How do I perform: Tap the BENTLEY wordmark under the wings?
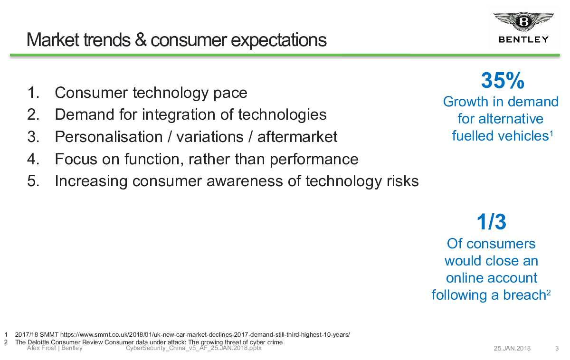click(x=523, y=40)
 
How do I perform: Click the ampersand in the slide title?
click(x=141, y=40)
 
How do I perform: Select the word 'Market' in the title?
click(x=53, y=40)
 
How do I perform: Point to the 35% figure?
click(x=503, y=80)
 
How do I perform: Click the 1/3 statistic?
click(x=491, y=222)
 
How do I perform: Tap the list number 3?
click(x=33, y=137)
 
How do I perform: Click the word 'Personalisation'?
click(x=109, y=137)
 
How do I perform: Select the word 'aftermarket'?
click(x=297, y=137)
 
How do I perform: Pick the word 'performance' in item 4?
click(x=314, y=160)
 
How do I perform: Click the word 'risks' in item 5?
click(x=403, y=181)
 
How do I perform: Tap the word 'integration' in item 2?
click(x=179, y=115)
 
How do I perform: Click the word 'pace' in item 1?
click(x=230, y=93)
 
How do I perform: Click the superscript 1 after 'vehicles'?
click(x=551, y=133)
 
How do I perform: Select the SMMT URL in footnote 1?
click(x=205, y=334)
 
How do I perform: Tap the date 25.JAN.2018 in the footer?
click(x=512, y=348)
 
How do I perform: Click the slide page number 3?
click(x=557, y=348)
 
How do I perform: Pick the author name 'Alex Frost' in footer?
click(x=41, y=348)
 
